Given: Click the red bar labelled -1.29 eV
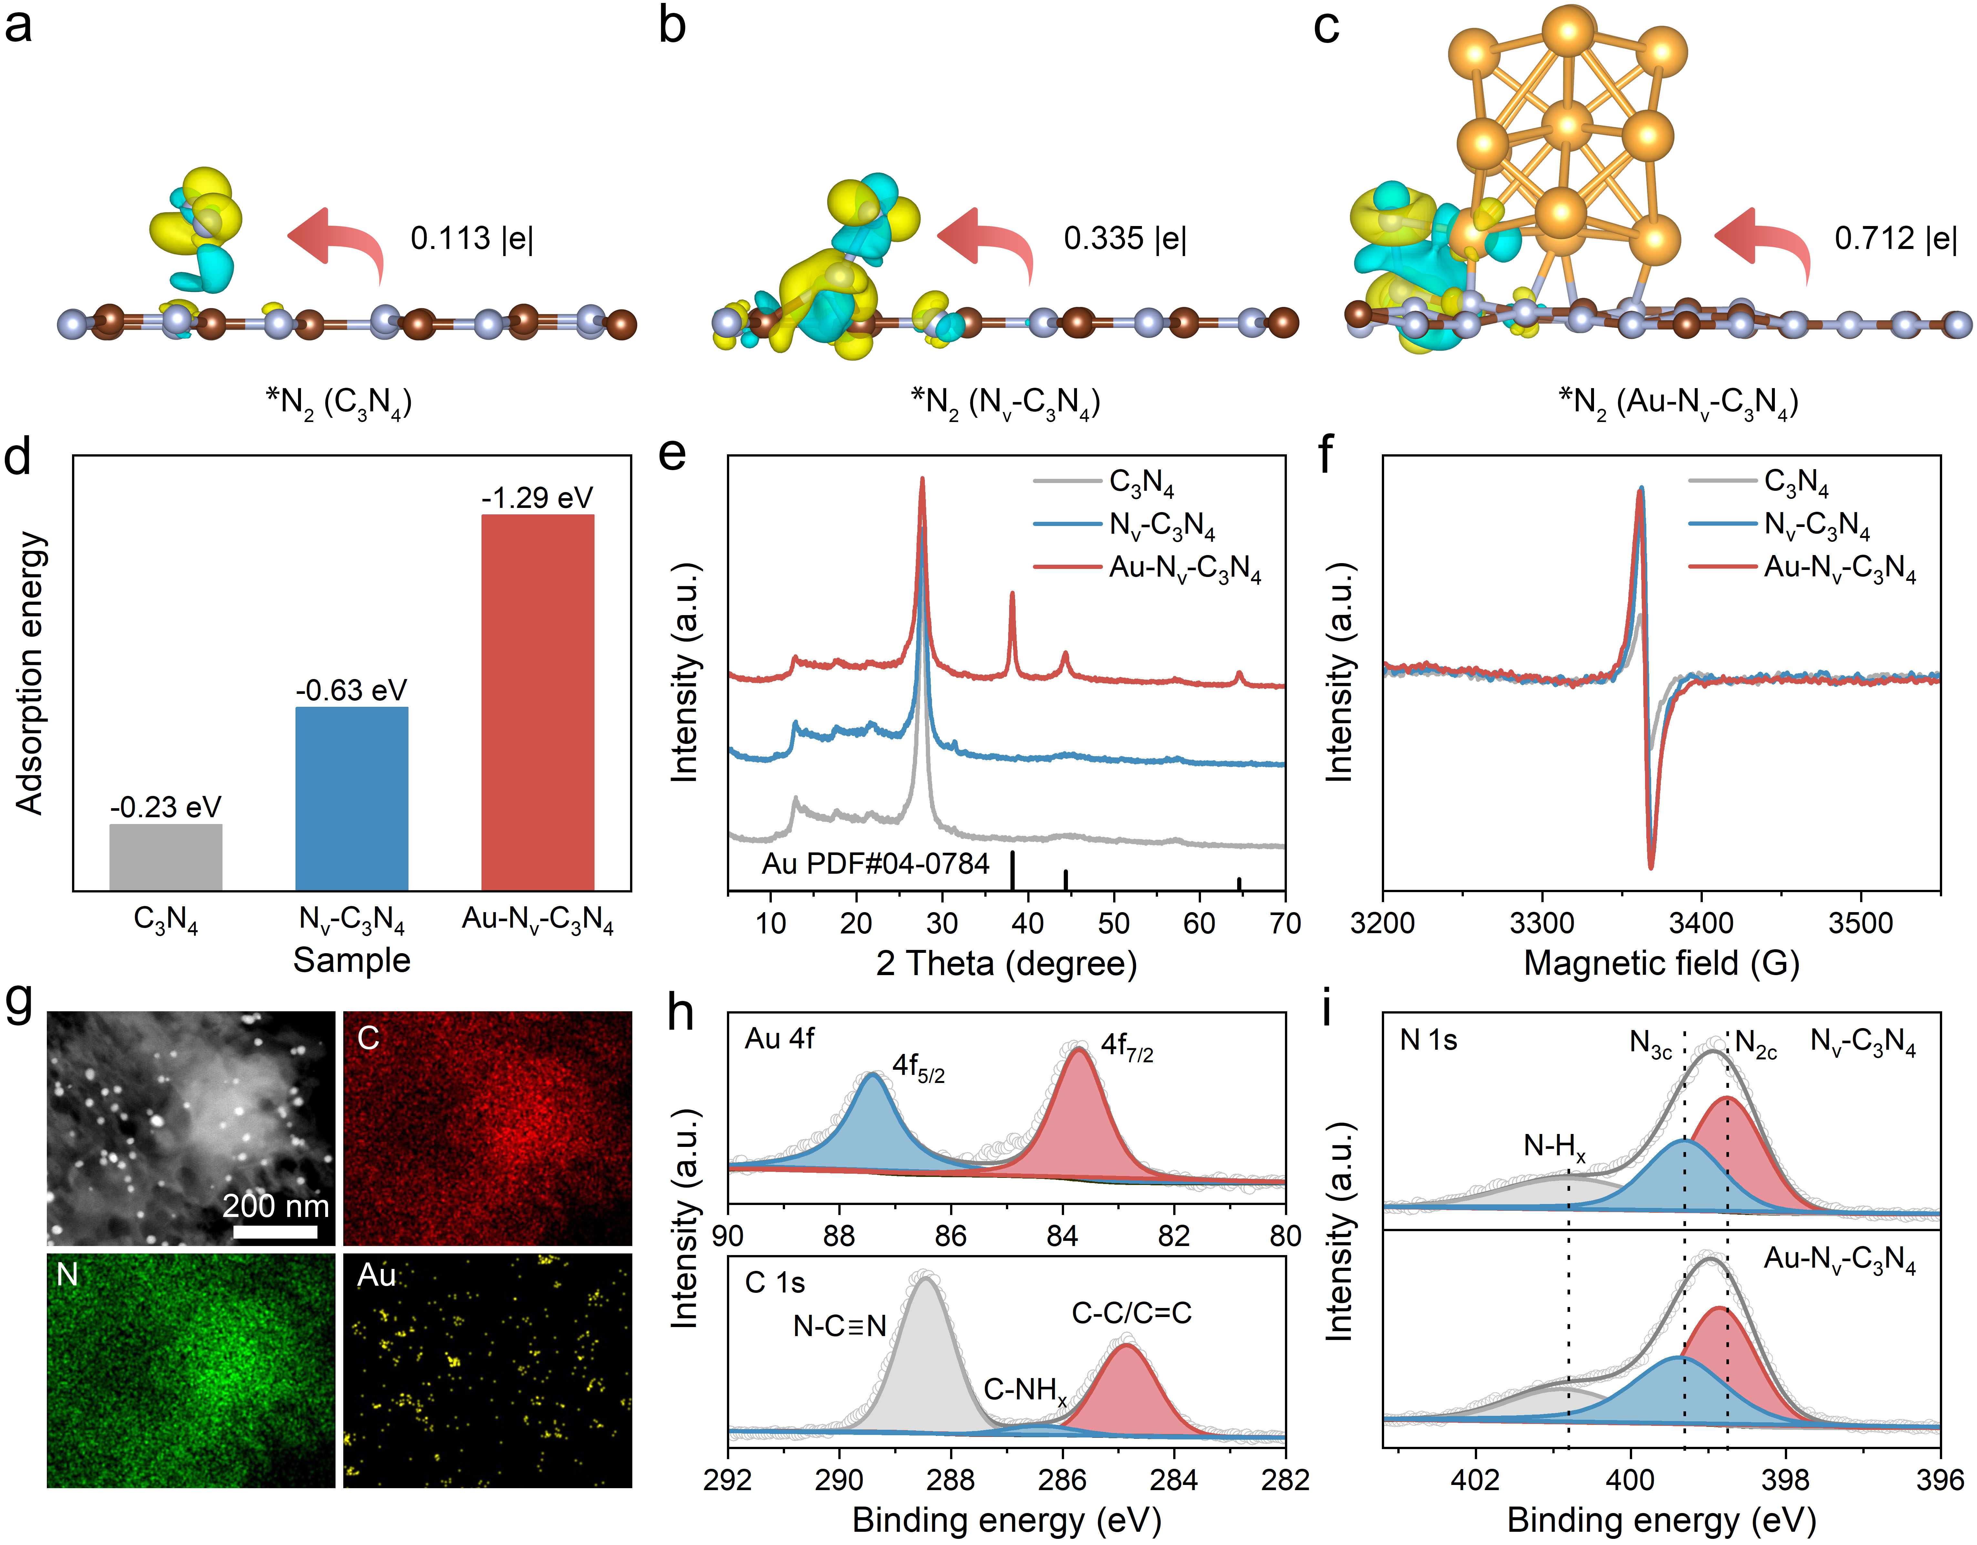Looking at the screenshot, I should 538,701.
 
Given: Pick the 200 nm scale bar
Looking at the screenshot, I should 275,1231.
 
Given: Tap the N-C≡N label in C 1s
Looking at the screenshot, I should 839,1327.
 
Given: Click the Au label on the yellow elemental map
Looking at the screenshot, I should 377,1275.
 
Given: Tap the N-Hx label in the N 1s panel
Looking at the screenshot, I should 1554,1148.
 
